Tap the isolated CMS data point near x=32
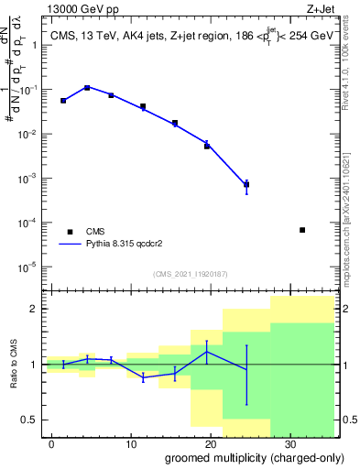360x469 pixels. [302, 230]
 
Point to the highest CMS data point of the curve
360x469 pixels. [87, 88]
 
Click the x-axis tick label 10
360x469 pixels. [131, 442]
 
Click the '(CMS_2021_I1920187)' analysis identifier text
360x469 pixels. [190, 274]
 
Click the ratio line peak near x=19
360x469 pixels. [207, 352]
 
